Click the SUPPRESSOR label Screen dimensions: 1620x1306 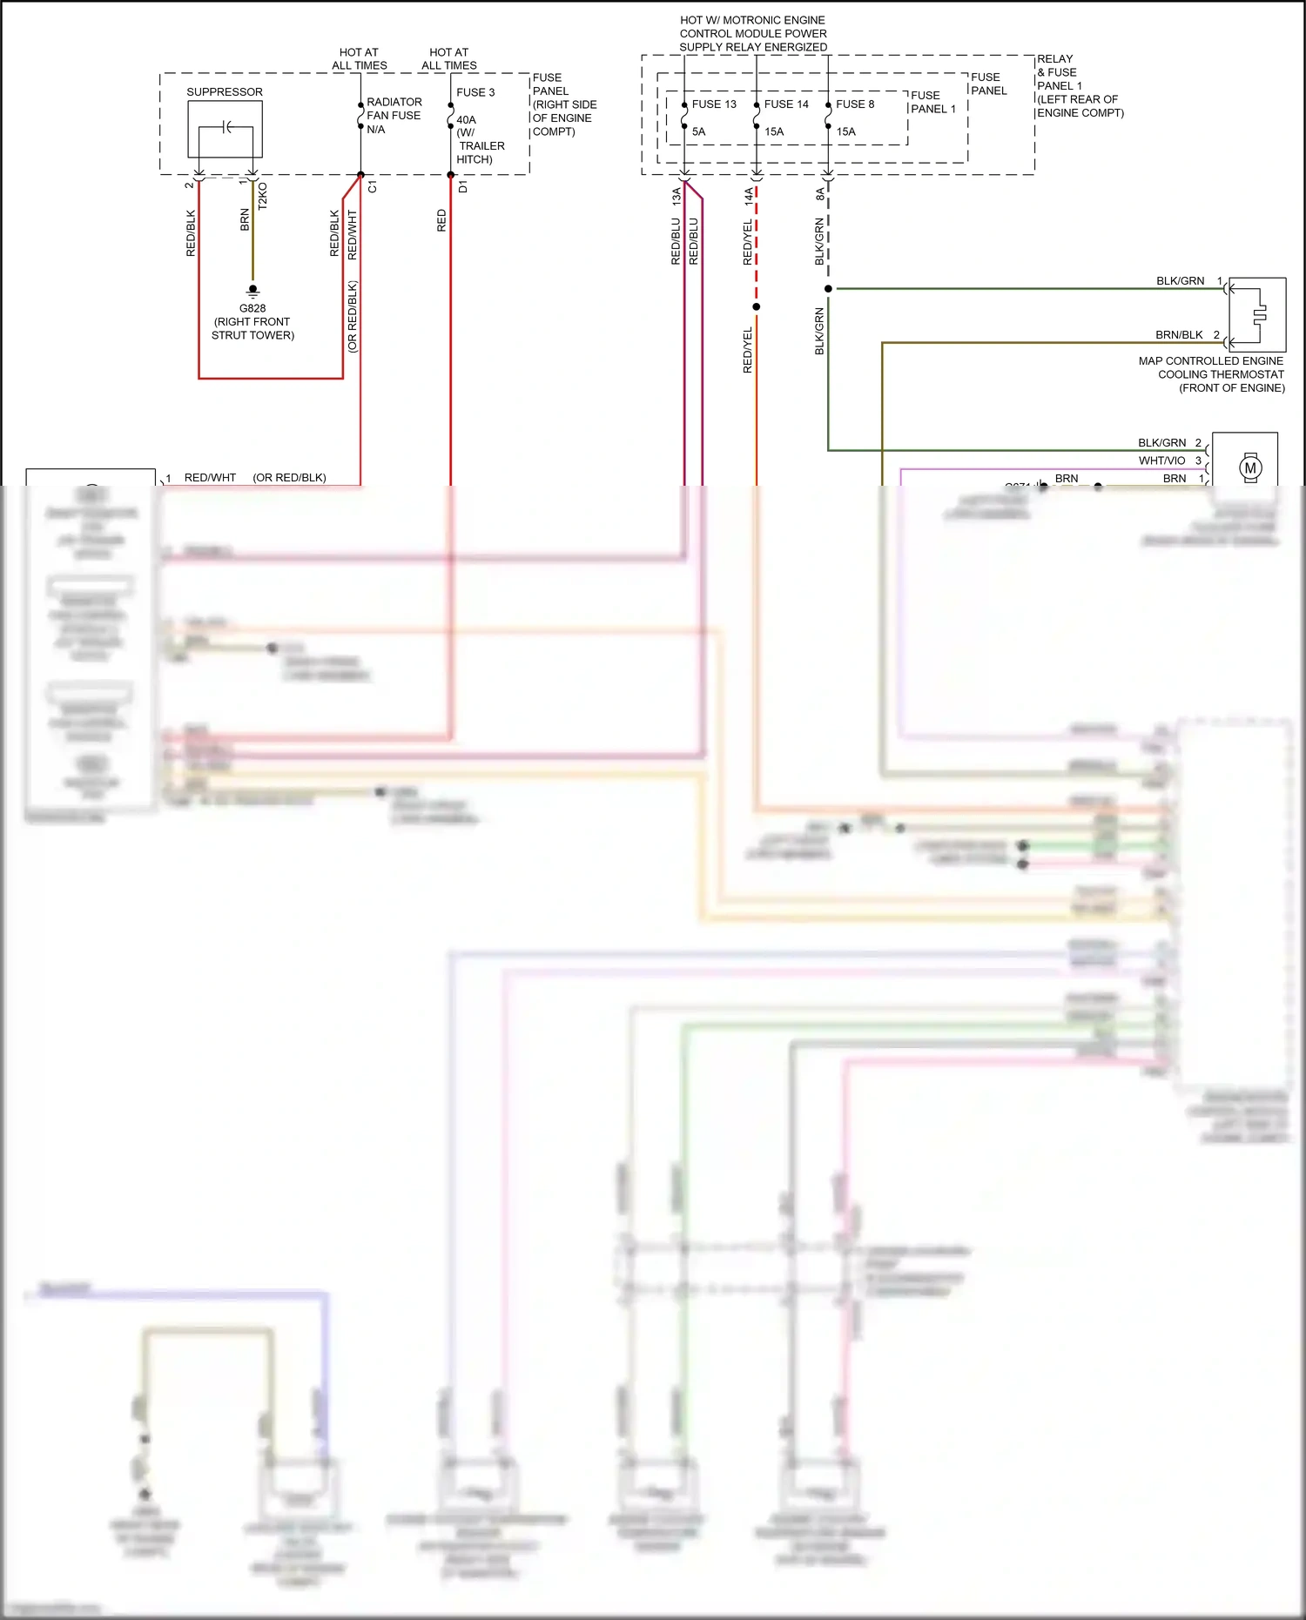click(224, 91)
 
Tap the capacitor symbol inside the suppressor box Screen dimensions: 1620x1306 click(226, 127)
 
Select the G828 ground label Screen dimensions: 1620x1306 click(252, 308)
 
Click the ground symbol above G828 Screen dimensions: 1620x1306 click(252, 291)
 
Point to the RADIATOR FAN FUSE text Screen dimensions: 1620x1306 click(394, 109)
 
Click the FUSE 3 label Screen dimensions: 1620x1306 click(475, 92)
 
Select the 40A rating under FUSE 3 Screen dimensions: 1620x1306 click(466, 120)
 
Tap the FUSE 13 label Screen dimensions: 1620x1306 click(714, 104)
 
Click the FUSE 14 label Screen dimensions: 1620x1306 click(786, 104)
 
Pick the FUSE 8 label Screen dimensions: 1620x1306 click(855, 104)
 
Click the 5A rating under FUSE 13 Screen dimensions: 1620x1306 click(698, 131)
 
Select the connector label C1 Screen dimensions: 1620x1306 click(373, 187)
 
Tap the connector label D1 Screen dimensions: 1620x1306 click(462, 187)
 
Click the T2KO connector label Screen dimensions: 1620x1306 click(263, 195)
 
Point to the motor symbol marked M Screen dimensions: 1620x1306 click(1250, 467)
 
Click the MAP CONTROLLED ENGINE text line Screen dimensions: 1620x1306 click(1210, 360)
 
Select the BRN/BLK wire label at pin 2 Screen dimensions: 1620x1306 click(1179, 334)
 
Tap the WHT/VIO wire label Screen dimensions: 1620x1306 click(1161, 460)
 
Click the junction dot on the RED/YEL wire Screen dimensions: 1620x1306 click(756, 306)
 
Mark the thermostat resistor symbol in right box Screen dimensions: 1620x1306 click(1259, 314)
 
